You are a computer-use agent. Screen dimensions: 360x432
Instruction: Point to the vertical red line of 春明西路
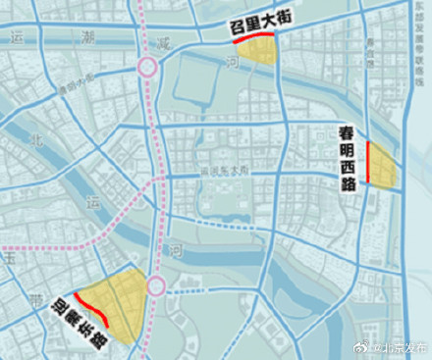click(x=368, y=162)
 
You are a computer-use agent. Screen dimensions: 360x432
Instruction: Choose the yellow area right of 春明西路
click(x=381, y=165)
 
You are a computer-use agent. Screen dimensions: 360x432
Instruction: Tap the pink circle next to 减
click(x=148, y=68)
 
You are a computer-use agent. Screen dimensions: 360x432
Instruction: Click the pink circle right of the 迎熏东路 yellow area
click(x=156, y=285)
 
